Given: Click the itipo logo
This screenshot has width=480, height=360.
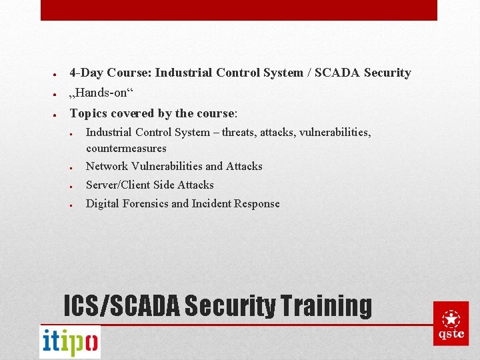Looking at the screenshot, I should click(70, 342).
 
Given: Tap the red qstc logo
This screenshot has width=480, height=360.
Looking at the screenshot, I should click(451, 323).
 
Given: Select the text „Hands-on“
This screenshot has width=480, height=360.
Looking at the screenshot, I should click(97, 93).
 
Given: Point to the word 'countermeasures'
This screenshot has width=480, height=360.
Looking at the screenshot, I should click(126, 148).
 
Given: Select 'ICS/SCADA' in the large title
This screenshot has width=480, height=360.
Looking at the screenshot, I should click(121, 305).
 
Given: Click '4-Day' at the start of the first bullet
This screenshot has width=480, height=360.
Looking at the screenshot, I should click(87, 73).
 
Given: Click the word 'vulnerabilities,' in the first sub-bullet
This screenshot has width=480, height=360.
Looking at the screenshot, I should click(335, 132).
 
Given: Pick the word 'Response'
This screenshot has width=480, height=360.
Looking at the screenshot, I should click(257, 203).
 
